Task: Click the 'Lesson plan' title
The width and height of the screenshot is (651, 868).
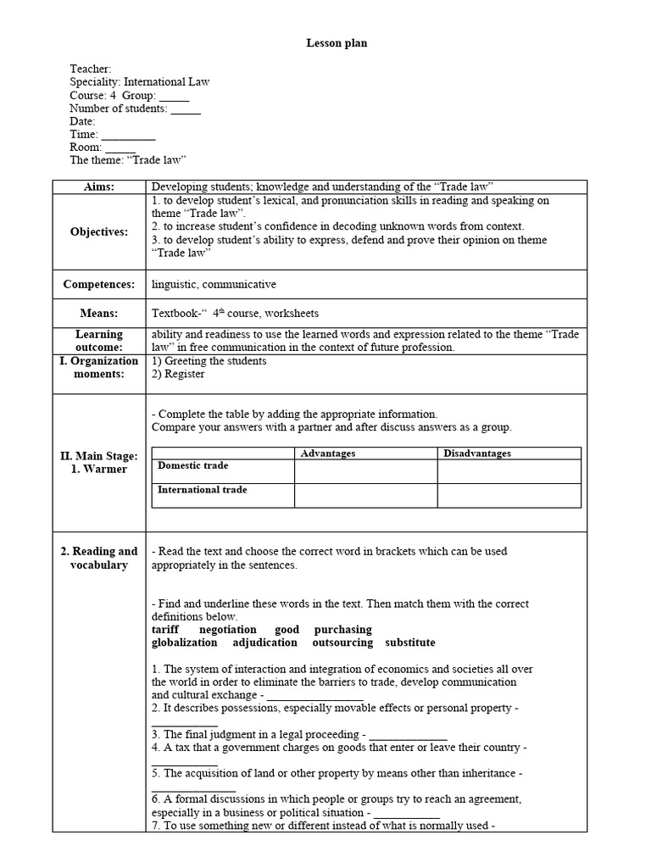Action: coord(337,43)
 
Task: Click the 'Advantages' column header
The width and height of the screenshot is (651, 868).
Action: coord(328,453)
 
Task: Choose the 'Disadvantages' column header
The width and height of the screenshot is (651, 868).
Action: coord(477,453)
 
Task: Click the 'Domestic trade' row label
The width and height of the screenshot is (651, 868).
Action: coord(192,466)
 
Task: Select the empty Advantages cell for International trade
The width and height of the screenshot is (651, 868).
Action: coord(365,495)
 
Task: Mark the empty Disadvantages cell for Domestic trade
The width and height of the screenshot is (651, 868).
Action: coord(509,471)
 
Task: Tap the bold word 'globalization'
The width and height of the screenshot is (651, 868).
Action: coord(184,643)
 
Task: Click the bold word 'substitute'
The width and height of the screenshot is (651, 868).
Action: coord(410,643)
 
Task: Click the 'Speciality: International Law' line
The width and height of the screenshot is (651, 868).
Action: coord(139,82)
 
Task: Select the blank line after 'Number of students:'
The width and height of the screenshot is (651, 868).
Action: coord(186,109)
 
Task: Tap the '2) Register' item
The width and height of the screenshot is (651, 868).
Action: coord(178,374)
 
